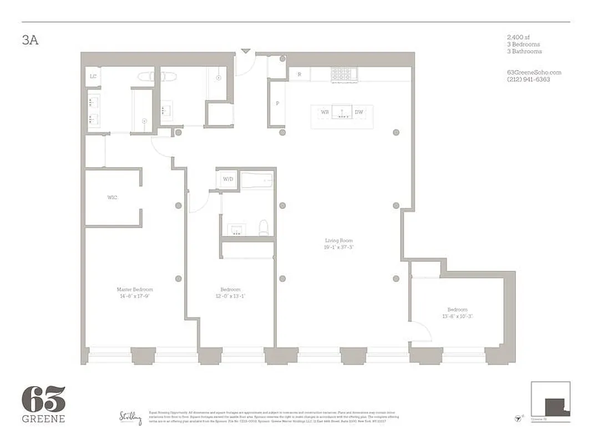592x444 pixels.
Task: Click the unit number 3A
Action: pyautogui.click(x=30, y=41)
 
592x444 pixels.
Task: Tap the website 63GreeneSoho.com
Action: pyautogui.click(x=527, y=73)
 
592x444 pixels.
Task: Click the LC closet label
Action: pyautogui.click(x=93, y=77)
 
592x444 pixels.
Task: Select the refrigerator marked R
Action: pyautogui.click(x=300, y=74)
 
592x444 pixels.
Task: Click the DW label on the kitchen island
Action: pyautogui.click(x=359, y=112)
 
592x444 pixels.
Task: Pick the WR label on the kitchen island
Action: pyautogui.click(x=325, y=112)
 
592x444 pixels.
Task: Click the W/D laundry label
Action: pyautogui.click(x=228, y=179)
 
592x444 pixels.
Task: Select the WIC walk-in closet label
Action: pyautogui.click(x=113, y=197)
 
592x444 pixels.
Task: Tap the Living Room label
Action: pyautogui.click(x=339, y=241)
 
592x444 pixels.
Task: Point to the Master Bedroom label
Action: pyautogui.click(x=135, y=290)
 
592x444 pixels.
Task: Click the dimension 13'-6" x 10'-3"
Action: pyautogui.click(x=458, y=316)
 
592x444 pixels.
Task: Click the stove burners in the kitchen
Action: pyautogui.click(x=342, y=74)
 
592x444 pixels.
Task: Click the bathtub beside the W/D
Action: pyautogui.click(x=257, y=180)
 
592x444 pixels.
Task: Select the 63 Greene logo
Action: pyautogui.click(x=43, y=403)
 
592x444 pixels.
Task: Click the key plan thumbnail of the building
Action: pyautogui.click(x=550, y=398)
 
